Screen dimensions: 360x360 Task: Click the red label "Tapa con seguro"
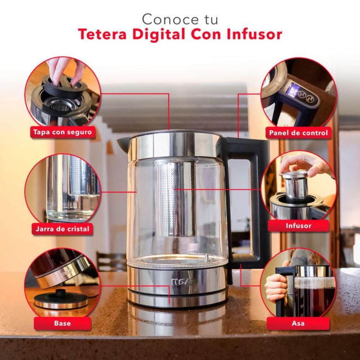click(x=63, y=132)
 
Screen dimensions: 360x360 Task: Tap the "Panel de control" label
click(x=298, y=133)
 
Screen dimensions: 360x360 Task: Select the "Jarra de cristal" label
click(x=63, y=229)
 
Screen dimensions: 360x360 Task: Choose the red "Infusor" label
click(x=298, y=226)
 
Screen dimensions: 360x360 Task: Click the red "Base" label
click(x=63, y=323)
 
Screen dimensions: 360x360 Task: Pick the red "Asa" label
click(x=298, y=323)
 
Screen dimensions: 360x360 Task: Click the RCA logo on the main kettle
click(x=183, y=282)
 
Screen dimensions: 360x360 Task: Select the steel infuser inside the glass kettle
click(x=175, y=198)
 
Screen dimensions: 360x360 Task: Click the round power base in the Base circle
click(x=61, y=299)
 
